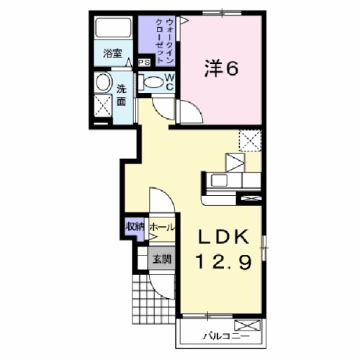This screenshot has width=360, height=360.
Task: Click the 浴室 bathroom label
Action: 112,53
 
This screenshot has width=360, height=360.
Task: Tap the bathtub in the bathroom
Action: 114,27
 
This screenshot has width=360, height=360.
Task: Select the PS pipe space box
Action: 145,63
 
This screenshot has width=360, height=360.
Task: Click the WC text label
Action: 169,82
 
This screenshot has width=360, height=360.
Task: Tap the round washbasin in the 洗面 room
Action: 104,82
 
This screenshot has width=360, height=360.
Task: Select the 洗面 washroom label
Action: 122,96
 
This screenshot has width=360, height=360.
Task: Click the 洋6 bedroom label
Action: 221,70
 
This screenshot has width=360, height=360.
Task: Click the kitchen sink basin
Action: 219,180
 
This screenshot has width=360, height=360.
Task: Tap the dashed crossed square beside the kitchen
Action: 250,140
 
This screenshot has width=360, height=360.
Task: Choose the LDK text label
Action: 223,237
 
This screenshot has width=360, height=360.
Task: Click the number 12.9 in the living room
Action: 224,261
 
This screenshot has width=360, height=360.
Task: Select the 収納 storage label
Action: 135,227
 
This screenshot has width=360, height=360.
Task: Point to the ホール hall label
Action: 162,227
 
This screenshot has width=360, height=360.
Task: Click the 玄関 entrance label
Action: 162,259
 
